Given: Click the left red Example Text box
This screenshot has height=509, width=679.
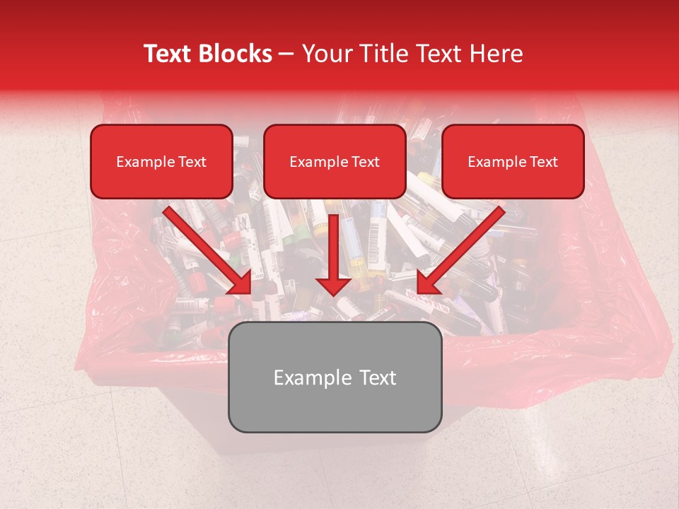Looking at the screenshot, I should point(161,162).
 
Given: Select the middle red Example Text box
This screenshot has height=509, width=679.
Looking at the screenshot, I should point(335,162).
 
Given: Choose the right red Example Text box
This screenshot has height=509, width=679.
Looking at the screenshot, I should point(513,162).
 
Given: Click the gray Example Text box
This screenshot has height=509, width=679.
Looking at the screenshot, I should point(335,378).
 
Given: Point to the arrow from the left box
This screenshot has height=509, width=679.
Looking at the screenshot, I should point(205,247).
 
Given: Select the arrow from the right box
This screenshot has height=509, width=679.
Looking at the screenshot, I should point(464,247).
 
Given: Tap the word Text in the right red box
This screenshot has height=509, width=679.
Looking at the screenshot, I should point(543,162).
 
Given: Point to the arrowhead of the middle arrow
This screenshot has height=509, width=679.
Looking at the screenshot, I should point(333,285).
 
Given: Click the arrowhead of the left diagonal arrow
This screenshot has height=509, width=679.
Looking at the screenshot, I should point(240,283).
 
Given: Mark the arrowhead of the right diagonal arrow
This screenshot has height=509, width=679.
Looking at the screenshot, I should point(429,283).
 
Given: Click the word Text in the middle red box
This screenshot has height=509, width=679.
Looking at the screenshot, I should point(366,162).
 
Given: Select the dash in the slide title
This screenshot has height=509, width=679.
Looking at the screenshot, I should point(287,54).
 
